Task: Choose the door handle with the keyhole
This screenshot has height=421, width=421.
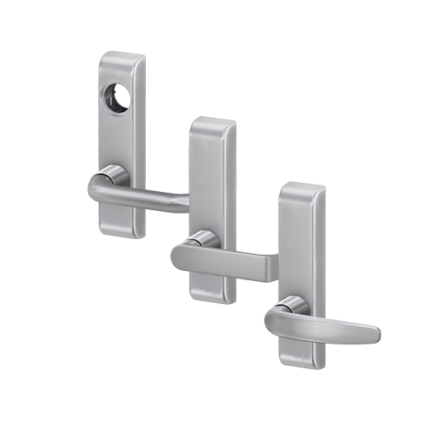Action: point(123,140)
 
